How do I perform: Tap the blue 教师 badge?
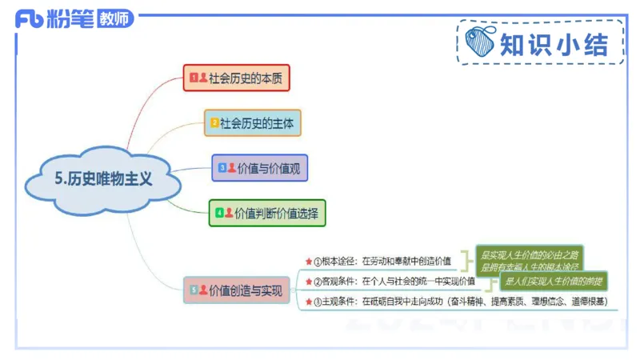point(115,20)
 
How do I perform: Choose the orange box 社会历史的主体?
point(252,123)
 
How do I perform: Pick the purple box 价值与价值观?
point(260,168)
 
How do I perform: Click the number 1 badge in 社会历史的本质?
point(193,78)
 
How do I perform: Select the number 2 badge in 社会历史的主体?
point(214,123)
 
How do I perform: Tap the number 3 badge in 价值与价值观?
point(222,168)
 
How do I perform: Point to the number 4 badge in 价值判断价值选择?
point(218,213)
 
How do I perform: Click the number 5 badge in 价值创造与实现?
point(193,290)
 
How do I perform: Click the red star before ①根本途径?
point(308,261)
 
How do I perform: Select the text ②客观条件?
point(335,281)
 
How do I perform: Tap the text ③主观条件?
point(335,302)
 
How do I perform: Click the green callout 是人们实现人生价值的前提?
point(553,282)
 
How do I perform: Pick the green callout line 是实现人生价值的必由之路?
point(529,254)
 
